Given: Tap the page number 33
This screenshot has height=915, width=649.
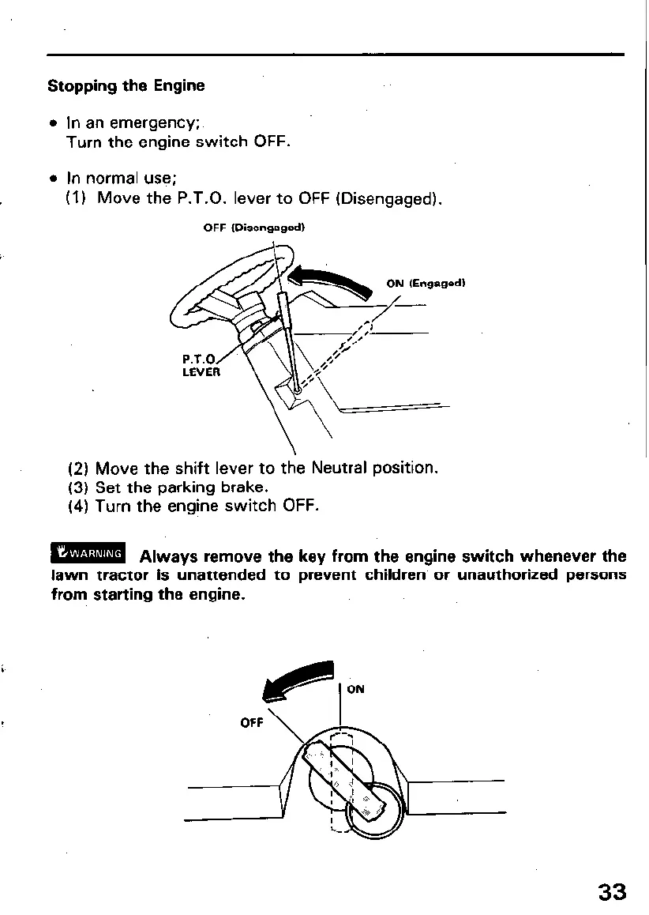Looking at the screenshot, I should pyautogui.click(x=612, y=892).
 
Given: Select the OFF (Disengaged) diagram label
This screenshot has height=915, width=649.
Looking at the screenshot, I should pyautogui.click(x=253, y=228).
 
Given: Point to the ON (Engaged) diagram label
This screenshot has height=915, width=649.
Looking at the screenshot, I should pyautogui.click(x=426, y=284).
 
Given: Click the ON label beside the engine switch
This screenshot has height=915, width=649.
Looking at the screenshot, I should pyautogui.click(x=356, y=689).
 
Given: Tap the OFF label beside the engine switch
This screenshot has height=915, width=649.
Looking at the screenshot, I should pyautogui.click(x=252, y=722).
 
